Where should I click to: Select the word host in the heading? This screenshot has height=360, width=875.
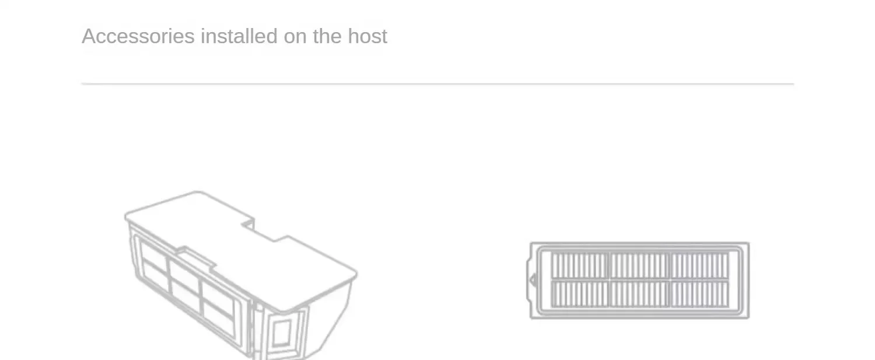pyautogui.click(x=367, y=36)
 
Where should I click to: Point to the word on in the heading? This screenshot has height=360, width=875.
pyautogui.click(x=295, y=36)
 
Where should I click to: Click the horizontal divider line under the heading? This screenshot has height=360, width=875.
pyautogui.click(x=437, y=84)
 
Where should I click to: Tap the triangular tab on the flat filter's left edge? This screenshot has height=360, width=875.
pyautogui.click(x=533, y=281)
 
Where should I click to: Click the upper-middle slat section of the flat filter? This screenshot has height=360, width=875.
pyautogui.click(x=639, y=265)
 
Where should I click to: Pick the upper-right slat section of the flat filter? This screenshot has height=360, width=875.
pyautogui.click(x=699, y=265)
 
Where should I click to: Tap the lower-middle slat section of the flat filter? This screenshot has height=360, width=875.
pyautogui.click(x=639, y=294)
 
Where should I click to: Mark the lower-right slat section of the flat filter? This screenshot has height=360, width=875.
pyautogui.click(x=699, y=294)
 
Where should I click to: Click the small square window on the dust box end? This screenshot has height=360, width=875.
pyautogui.click(x=281, y=333)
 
